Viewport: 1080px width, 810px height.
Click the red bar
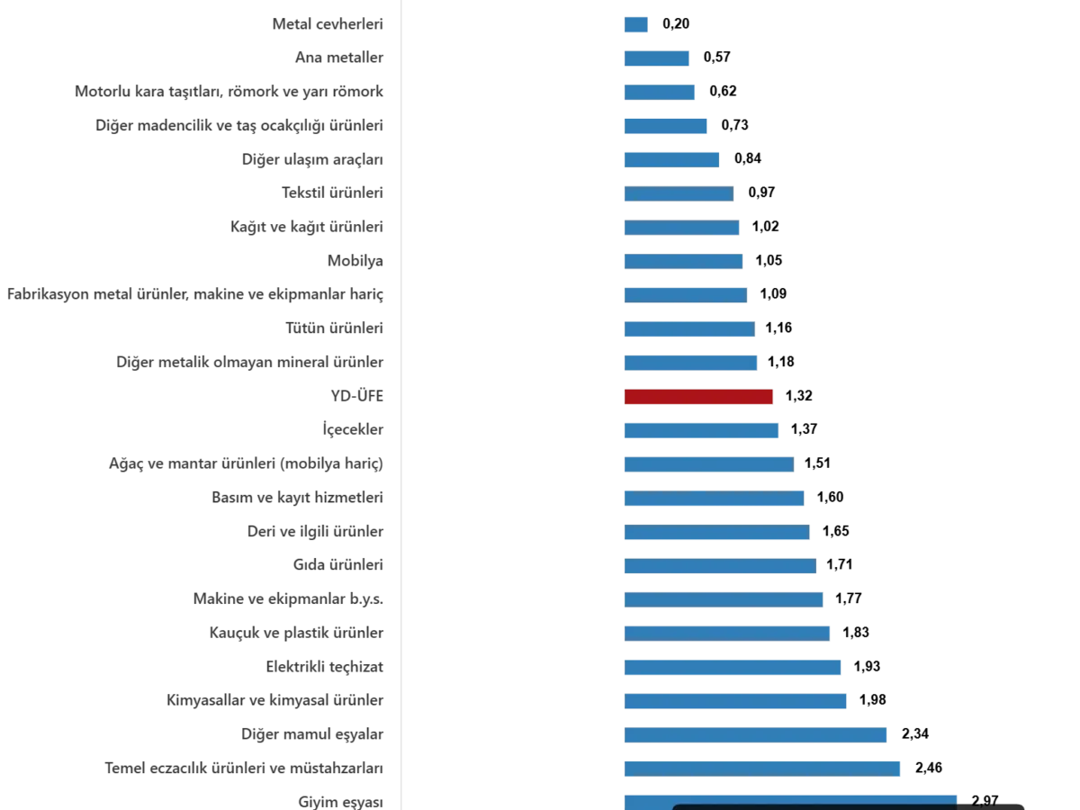click(x=698, y=397)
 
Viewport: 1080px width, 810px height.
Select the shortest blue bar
click(x=634, y=25)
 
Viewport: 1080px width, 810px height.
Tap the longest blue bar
click(x=788, y=799)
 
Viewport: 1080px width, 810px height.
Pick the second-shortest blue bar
click(x=655, y=60)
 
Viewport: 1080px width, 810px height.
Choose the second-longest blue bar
click(x=762, y=768)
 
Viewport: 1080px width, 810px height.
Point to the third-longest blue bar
click(x=755, y=736)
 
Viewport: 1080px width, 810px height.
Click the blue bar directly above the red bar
click(x=690, y=363)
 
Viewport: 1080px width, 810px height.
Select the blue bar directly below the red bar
click(x=701, y=429)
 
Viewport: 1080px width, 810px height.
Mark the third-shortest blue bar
click(x=659, y=91)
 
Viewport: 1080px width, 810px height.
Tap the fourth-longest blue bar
click(x=734, y=700)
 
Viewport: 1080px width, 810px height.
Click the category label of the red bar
click(x=357, y=395)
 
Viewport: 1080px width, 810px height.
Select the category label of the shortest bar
click(x=328, y=25)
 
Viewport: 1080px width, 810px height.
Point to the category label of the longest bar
click(x=342, y=800)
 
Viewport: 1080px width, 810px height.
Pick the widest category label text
click(x=198, y=293)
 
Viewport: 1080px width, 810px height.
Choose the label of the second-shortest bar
click(x=343, y=58)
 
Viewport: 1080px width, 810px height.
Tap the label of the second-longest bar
click(x=244, y=769)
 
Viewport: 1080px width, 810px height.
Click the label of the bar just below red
click(x=352, y=429)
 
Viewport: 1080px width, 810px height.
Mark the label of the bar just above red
click(x=252, y=363)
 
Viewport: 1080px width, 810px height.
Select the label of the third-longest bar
click(x=316, y=735)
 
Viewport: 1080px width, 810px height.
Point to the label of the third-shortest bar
click(x=229, y=91)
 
